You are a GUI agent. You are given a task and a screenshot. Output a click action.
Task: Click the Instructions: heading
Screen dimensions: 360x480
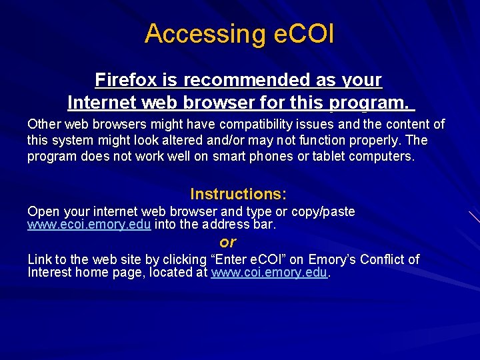(x=238, y=194)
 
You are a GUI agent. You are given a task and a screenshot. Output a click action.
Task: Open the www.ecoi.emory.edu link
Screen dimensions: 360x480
(x=89, y=225)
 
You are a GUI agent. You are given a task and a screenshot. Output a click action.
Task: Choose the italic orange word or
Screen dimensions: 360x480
(x=228, y=242)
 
